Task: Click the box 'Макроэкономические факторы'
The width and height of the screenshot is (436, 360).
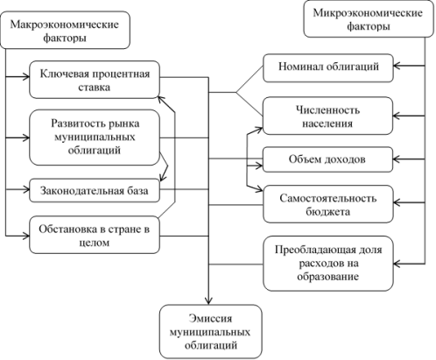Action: pos(65,30)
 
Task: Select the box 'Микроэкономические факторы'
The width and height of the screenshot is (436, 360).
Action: pos(369,19)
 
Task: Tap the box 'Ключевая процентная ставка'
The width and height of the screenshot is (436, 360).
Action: pos(95,80)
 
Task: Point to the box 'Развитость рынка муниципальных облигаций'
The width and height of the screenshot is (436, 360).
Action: pos(95,138)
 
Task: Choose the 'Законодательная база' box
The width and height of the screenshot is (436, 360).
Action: pos(95,190)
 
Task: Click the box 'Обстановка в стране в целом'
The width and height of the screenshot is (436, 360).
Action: pos(95,235)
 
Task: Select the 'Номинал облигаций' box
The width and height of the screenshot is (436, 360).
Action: pos(328,67)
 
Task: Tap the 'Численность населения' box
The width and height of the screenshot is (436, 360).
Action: pos(328,116)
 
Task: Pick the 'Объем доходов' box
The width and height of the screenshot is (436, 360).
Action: pos(328,159)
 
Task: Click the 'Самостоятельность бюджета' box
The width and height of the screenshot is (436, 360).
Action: pos(328,204)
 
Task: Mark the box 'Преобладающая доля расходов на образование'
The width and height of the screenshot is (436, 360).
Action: pos(328,264)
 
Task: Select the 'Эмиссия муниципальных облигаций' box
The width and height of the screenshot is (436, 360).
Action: pos(211,331)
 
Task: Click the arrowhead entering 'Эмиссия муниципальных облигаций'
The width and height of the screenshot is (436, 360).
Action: pos(208,301)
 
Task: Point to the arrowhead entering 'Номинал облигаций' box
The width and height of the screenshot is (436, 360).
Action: pos(397,66)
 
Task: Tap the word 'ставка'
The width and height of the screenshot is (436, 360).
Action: pos(95,88)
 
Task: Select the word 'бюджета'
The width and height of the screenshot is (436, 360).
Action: pos(327,211)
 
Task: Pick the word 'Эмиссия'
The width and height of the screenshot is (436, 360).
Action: pos(210,318)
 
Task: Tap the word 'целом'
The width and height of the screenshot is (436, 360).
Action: pos(95,243)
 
